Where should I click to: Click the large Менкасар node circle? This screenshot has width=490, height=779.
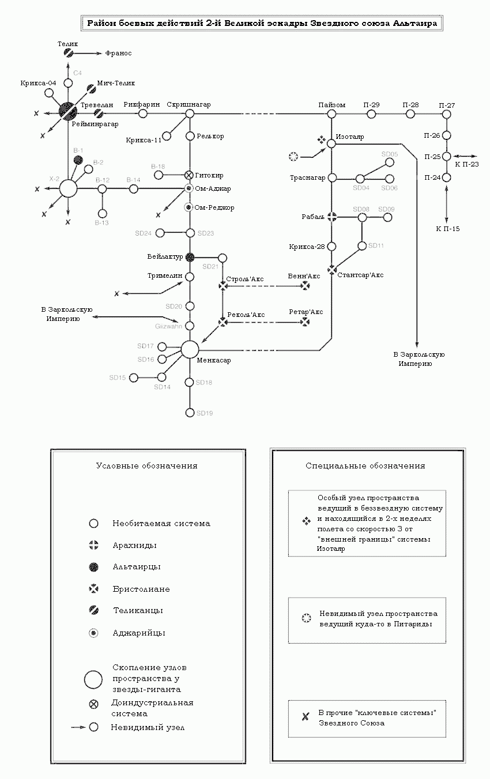tap(190, 349)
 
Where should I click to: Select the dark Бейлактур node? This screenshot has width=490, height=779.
tap(190, 256)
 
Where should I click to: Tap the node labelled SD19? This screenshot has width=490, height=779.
tap(190, 413)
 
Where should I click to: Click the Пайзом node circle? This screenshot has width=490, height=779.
tap(331, 114)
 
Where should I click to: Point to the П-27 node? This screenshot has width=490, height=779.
tap(446, 114)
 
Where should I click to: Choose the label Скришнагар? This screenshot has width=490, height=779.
tap(189, 104)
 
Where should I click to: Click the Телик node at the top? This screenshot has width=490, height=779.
tap(68, 53)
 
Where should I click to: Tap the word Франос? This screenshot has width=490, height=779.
tap(118, 53)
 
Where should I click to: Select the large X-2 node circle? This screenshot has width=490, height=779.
tap(68, 188)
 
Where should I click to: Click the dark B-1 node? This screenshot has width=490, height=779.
tap(78, 160)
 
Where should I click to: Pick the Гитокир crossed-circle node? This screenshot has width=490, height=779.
tap(189, 175)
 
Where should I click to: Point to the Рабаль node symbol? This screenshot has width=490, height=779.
tap(331, 217)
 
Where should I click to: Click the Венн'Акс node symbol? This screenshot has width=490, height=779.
tap(305, 286)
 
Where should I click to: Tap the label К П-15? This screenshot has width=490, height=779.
tap(448, 229)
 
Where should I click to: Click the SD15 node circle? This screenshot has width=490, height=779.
tap(134, 377)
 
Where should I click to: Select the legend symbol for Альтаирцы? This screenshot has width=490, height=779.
tap(93, 568)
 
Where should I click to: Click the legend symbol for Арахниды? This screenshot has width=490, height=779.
tap(93, 545)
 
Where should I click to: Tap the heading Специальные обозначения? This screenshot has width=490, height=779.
tap(365, 466)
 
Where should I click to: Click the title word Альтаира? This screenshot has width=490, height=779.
tap(414, 24)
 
